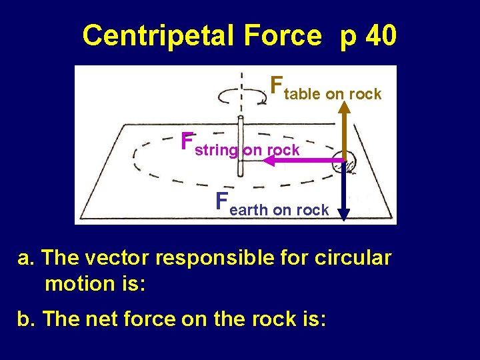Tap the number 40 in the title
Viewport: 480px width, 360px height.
(381, 36)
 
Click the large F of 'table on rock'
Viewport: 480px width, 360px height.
(276, 86)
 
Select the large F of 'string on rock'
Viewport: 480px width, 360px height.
(187, 141)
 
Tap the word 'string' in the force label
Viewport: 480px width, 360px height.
(217, 151)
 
